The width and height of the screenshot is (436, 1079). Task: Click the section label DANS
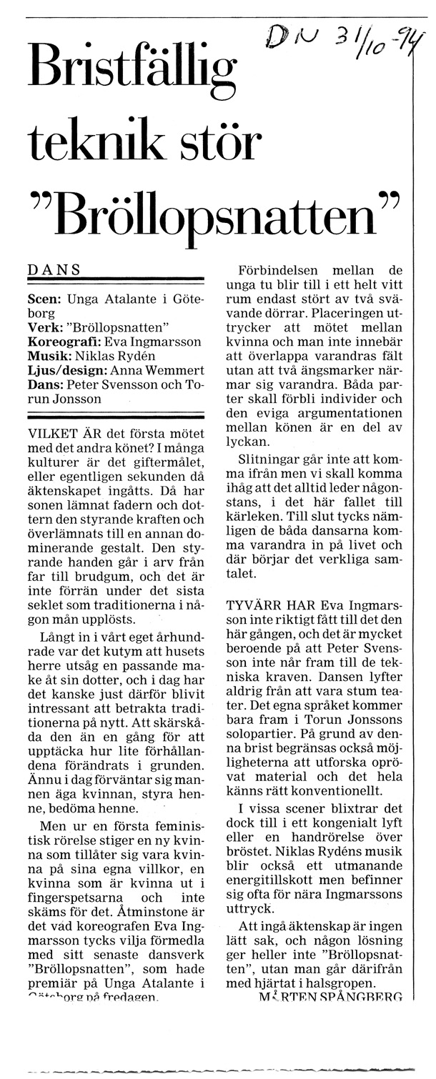[54, 269]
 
